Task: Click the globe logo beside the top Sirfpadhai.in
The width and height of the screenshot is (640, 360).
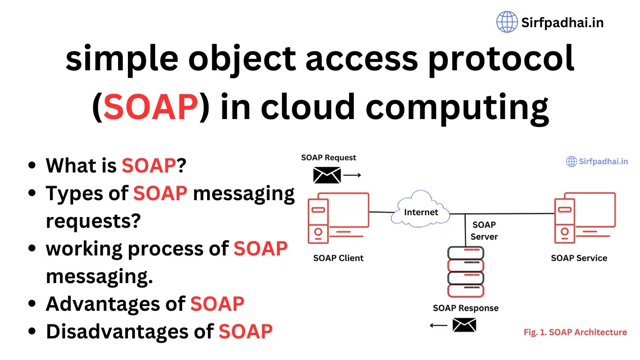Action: click(507, 22)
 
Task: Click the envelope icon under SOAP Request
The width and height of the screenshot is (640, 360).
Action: click(327, 175)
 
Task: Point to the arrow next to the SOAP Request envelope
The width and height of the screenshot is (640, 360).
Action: click(352, 175)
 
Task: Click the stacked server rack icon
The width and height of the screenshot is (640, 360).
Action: click(465, 272)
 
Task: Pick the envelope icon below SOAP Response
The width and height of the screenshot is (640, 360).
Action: click(464, 325)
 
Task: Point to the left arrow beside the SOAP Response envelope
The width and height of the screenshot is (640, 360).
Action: click(439, 325)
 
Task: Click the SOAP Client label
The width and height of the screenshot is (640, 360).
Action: click(338, 258)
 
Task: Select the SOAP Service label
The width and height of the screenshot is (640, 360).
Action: click(579, 258)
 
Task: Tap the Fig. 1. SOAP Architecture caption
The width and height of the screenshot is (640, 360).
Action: click(575, 332)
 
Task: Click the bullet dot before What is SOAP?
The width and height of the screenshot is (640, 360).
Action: click(32, 165)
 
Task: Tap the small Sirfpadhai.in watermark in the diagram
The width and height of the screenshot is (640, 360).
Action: click(597, 162)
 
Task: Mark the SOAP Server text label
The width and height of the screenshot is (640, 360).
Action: click(484, 231)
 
